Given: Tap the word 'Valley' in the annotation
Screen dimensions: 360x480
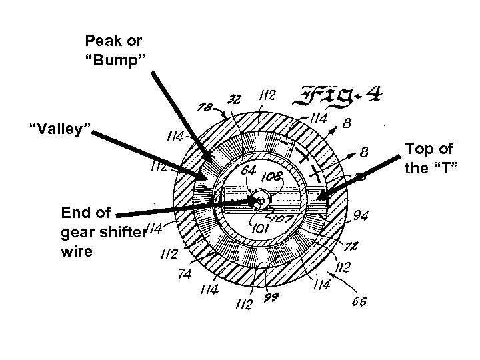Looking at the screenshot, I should (x=59, y=127).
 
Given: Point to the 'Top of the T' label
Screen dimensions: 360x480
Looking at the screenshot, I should (x=430, y=157).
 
